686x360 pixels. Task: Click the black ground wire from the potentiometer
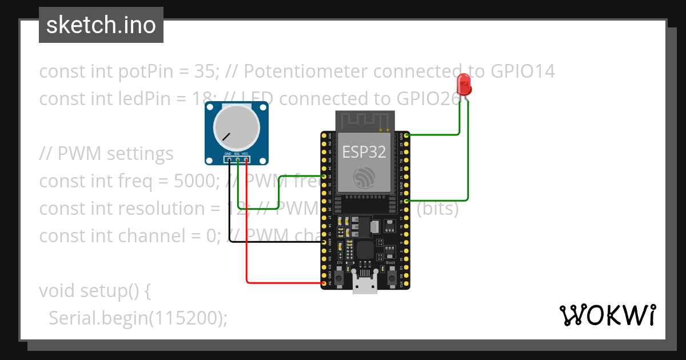click(269, 242)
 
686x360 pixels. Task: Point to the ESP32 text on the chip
click(364, 152)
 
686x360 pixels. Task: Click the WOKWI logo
click(607, 315)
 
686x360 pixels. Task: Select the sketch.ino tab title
click(101, 25)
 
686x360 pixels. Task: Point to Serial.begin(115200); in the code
click(138, 318)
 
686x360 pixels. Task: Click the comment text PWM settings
click(115, 154)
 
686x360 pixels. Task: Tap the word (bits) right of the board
click(437, 209)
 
